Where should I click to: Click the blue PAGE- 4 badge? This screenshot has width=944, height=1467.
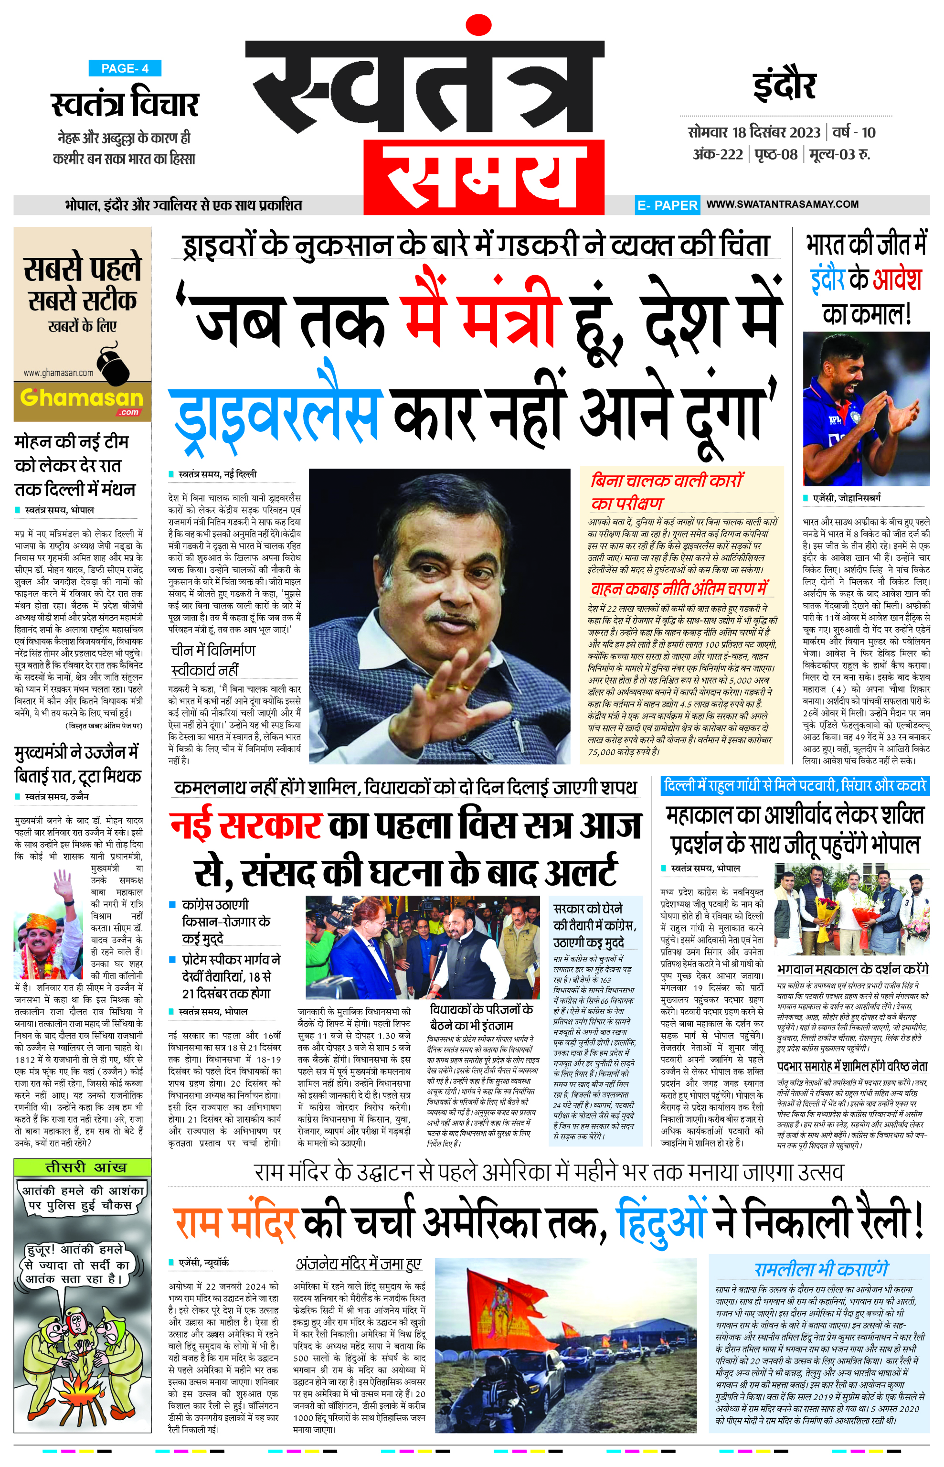125,68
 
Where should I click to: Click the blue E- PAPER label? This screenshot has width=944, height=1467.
667,205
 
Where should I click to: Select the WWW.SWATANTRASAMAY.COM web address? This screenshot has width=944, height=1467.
782,204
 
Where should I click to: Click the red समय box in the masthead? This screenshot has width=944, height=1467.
484,177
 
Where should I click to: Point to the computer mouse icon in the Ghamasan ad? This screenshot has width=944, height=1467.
113,363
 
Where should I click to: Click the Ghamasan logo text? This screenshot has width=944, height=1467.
82,399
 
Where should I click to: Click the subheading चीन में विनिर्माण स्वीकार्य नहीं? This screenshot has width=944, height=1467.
212,660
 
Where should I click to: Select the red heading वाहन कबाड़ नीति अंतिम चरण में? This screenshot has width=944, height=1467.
679,589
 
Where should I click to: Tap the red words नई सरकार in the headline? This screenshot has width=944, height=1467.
246,825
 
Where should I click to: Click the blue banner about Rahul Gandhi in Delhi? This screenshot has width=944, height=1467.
795,786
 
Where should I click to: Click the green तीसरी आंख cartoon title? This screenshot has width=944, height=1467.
82,1167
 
